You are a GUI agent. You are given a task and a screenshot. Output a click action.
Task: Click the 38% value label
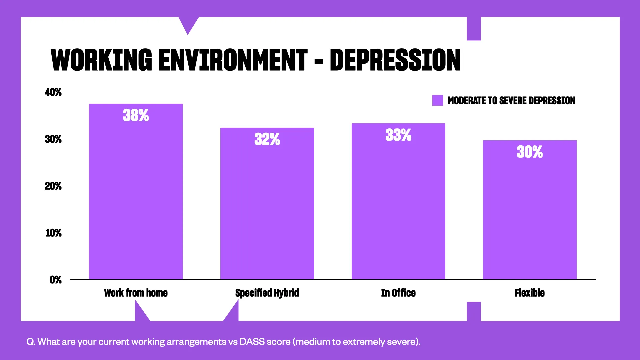click(x=136, y=115)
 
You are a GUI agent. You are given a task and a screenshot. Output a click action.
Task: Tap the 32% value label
click(x=267, y=139)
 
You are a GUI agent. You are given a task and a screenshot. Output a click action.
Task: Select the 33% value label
click(x=398, y=135)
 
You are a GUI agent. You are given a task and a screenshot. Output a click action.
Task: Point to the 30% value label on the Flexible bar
click(x=530, y=152)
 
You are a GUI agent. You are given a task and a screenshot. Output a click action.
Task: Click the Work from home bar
click(x=136, y=200)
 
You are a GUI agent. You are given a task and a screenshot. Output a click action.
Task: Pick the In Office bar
click(x=398, y=207)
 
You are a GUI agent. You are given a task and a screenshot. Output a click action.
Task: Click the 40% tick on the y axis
click(x=53, y=92)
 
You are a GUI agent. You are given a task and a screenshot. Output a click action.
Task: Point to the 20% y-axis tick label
click(x=53, y=186)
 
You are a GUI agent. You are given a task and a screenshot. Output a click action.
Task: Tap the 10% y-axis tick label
click(x=54, y=233)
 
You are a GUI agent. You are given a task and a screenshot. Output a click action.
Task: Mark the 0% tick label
click(x=56, y=280)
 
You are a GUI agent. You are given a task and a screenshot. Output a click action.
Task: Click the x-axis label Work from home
click(x=136, y=293)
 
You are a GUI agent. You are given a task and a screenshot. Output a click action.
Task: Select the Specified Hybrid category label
click(x=267, y=293)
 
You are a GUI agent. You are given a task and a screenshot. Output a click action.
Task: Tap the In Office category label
click(x=398, y=293)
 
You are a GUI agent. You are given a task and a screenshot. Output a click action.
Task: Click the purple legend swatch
click(x=437, y=100)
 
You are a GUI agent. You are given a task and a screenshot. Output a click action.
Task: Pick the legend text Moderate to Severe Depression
click(x=511, y=101)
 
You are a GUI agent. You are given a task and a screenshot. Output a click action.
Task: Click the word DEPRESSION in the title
click(x=395, y=60)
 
